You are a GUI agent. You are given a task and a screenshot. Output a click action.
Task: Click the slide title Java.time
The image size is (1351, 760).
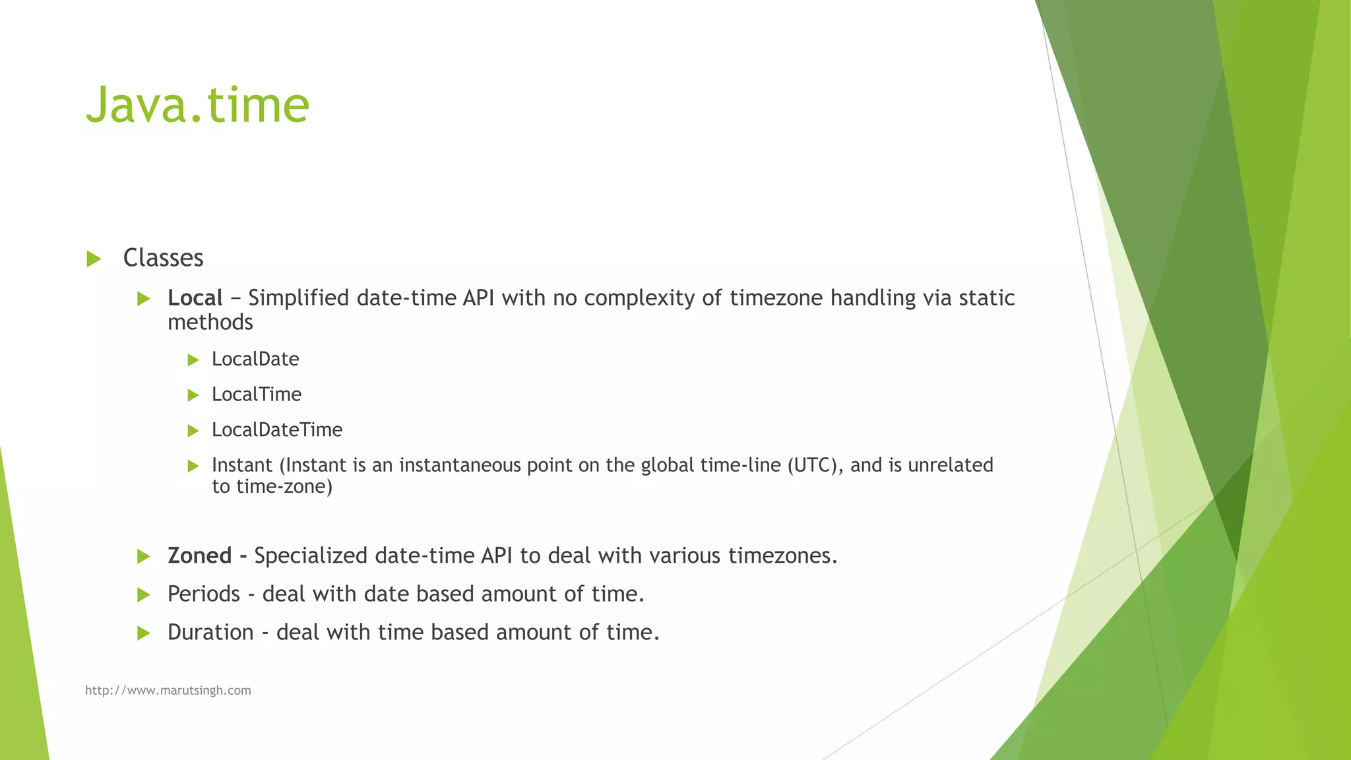pyautogui.click(x=197, y=104)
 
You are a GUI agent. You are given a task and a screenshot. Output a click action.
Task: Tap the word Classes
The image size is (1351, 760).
pyautogui.click(x=163, y=258)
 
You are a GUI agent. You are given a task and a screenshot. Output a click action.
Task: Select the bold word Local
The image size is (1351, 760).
pyautogui.click(x=195, y=298)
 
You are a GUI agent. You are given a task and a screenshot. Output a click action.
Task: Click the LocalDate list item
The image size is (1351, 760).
pyautogui.click(x=255, y=360)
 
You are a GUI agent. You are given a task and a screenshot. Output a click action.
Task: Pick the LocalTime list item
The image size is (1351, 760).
pyautogui.click(x=257, y=395)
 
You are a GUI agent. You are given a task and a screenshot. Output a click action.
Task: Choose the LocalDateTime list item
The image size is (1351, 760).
pyautogui.click(x=277, y=430)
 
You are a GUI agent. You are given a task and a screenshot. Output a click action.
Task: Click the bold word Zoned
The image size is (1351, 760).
pyautogui.click(x=199, y=556)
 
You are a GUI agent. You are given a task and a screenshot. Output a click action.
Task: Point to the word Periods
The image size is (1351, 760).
pyautogui.click(x=204, y=594)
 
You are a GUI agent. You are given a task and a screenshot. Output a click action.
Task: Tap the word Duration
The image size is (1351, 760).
pyautogui.click(x=210, y=633)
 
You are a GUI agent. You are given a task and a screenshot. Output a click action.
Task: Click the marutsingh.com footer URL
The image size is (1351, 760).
pyautogui.click(x=168, y=691)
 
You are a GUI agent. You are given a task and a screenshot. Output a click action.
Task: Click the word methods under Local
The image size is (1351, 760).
pyautogui.click(x=210, y=323)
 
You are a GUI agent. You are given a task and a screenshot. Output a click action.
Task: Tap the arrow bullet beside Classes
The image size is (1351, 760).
pyautogui.click(x=94, y=259)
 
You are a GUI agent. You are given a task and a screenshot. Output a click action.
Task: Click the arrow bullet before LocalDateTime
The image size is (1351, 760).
pyautogui.click(x=193, y=431)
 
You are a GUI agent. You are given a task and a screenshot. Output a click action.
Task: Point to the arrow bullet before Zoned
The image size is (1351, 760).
pyautogui.click(x=144, y=557)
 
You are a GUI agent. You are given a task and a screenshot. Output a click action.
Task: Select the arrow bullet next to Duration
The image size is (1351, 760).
pyautogui.click(x=144, y=633)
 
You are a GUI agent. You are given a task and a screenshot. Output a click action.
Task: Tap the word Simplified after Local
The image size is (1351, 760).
pyautogui.click(x=299, y=298)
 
